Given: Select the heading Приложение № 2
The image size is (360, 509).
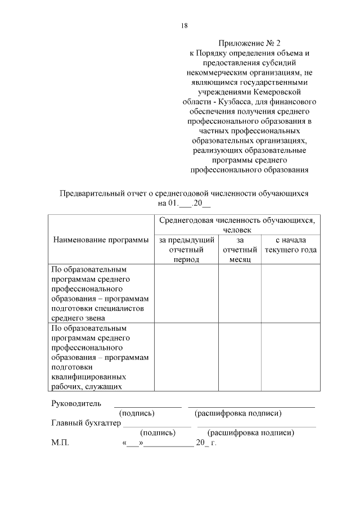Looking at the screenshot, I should pyautogui.click(x=248, y=43).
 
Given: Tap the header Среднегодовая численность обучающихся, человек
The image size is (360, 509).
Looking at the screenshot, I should pyautogui.click(x=237, y=225).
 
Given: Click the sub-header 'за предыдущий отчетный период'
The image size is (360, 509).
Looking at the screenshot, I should pyautogui.click(x=186, y=250).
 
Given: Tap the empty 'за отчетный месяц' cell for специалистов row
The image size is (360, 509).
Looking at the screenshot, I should pyautogui.click(x=240, y=294).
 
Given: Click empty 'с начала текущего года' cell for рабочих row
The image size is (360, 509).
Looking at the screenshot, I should pyautogui.click(x=291, y=357).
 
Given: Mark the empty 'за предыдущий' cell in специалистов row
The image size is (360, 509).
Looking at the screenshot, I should pyautogui.click(x=186, y=294).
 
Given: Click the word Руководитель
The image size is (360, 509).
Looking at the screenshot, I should pyautogui.click(x=76, y=403).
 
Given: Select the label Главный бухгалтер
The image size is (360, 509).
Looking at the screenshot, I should pyautogui.click(x=85, y=424).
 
